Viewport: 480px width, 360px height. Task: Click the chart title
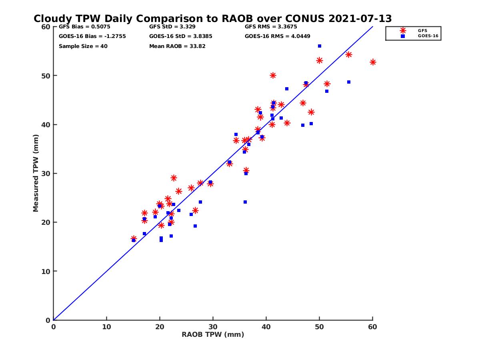pyautogui.click(x=213, y=18)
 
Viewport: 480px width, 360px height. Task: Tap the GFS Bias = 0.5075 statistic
pyautogui.click(x=84, y=27)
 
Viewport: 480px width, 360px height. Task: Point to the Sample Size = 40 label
pyautogui.click(x=83, y=46)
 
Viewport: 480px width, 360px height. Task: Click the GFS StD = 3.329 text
pyautogui.click(x=172, y=27)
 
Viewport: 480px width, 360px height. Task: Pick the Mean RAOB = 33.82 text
pyautogui.click(x=178, y=46)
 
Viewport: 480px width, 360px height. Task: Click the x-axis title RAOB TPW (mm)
pyautogui.click(x=213, y=335)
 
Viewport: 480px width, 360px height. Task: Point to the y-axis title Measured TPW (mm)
pyautogui.click(x=36, y=173)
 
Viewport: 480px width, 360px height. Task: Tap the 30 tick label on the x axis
pyautogui.click(x=213, y=327)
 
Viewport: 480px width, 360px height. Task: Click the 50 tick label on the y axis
pyautogui.click(x=46, y=76)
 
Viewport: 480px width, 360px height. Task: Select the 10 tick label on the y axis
pyautogui.click(x=46, y=271)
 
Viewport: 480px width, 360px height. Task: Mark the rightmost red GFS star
pyautogui.click(x=373, y=62)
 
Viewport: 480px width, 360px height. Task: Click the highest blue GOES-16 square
pyautogui.click(x=320, y=46)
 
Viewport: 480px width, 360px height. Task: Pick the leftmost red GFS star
pyautogui.click(x=134, y=239)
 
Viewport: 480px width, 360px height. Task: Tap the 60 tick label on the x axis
pyautogui.click(x=372, y=327)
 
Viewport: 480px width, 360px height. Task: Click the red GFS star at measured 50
pyautogui.click(x=273, y=75)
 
